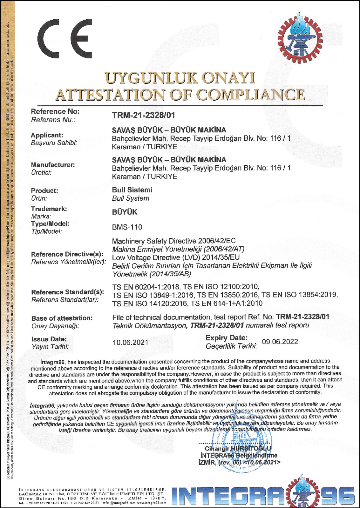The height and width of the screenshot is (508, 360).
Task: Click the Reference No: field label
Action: (55, 111)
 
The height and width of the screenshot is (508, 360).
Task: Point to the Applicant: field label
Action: (47, 135)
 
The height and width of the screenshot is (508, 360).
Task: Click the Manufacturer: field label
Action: (53, 165)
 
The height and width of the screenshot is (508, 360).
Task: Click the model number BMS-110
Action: (127, 227)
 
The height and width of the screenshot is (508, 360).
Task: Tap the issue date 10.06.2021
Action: (130, 342)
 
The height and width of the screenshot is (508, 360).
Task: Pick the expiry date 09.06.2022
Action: (280, 342)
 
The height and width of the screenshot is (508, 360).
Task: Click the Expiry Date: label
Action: (227, 338)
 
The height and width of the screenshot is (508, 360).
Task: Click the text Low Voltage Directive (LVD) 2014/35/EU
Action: (176, 257)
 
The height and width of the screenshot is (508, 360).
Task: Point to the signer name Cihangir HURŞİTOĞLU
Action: (238, 448)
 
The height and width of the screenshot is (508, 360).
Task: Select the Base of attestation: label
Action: (62, 318)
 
